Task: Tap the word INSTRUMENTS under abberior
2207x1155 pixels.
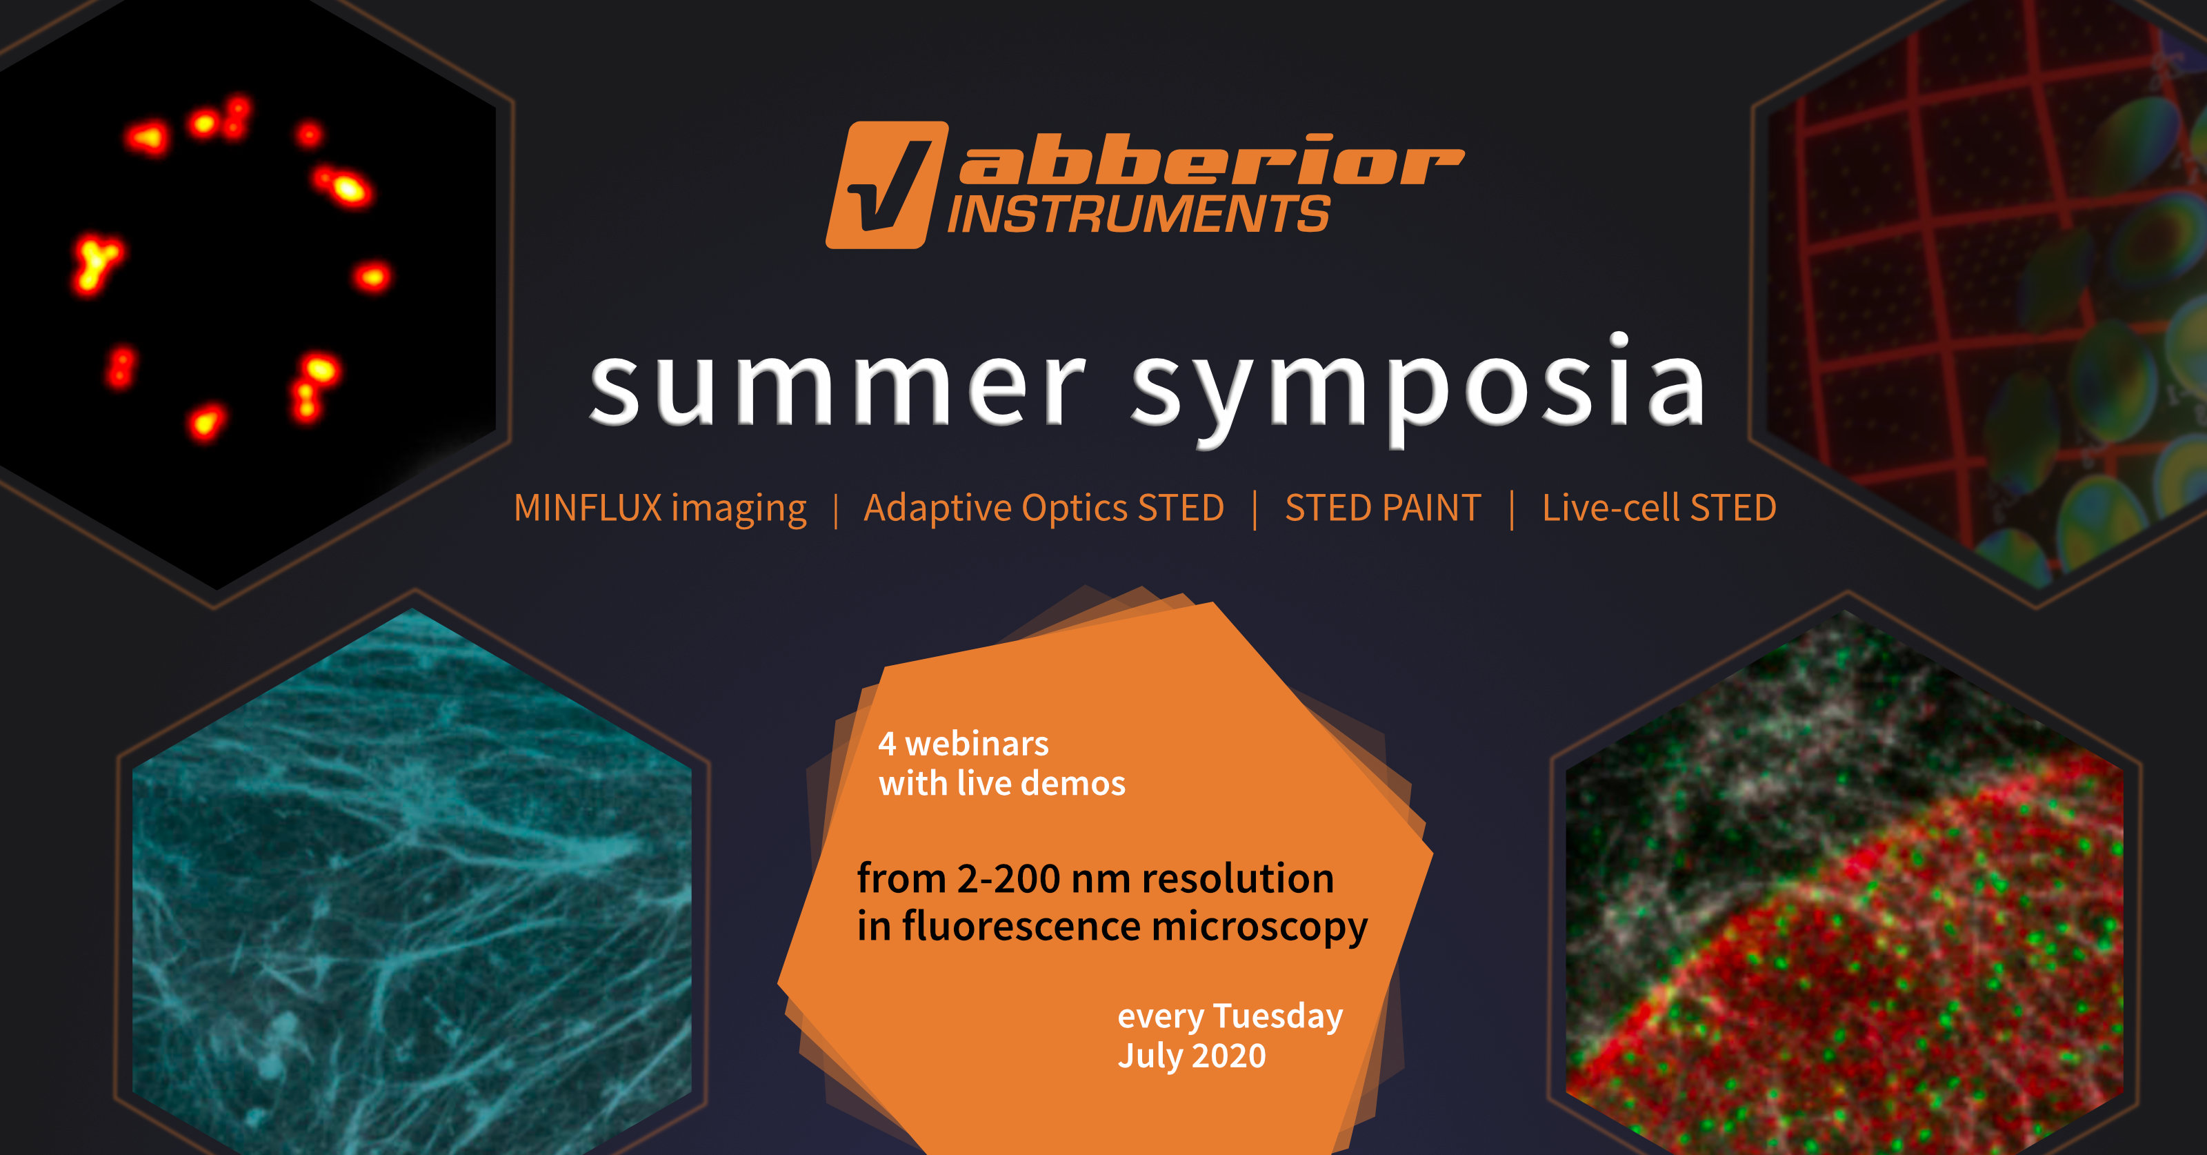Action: [1139, 213]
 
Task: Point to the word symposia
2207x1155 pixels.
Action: [1419, 390]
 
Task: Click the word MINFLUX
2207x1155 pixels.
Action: [588, 507]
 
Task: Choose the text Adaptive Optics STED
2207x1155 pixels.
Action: [1043, 508]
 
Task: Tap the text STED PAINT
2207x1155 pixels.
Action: [1383, 507]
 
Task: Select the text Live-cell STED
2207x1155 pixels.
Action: [1659, 507]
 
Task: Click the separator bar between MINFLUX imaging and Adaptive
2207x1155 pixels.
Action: [835, 510]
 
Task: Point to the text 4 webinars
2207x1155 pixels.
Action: [963, 744]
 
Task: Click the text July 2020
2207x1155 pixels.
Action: [1192, 1056]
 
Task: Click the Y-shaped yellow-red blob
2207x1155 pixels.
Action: [96, 263]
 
